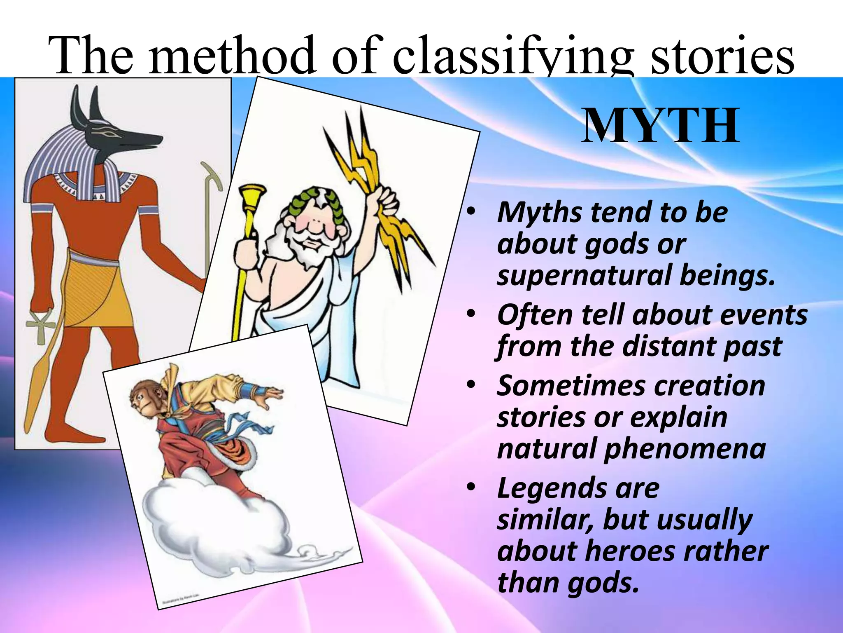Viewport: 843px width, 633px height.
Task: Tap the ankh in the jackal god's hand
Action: pos(41,326)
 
